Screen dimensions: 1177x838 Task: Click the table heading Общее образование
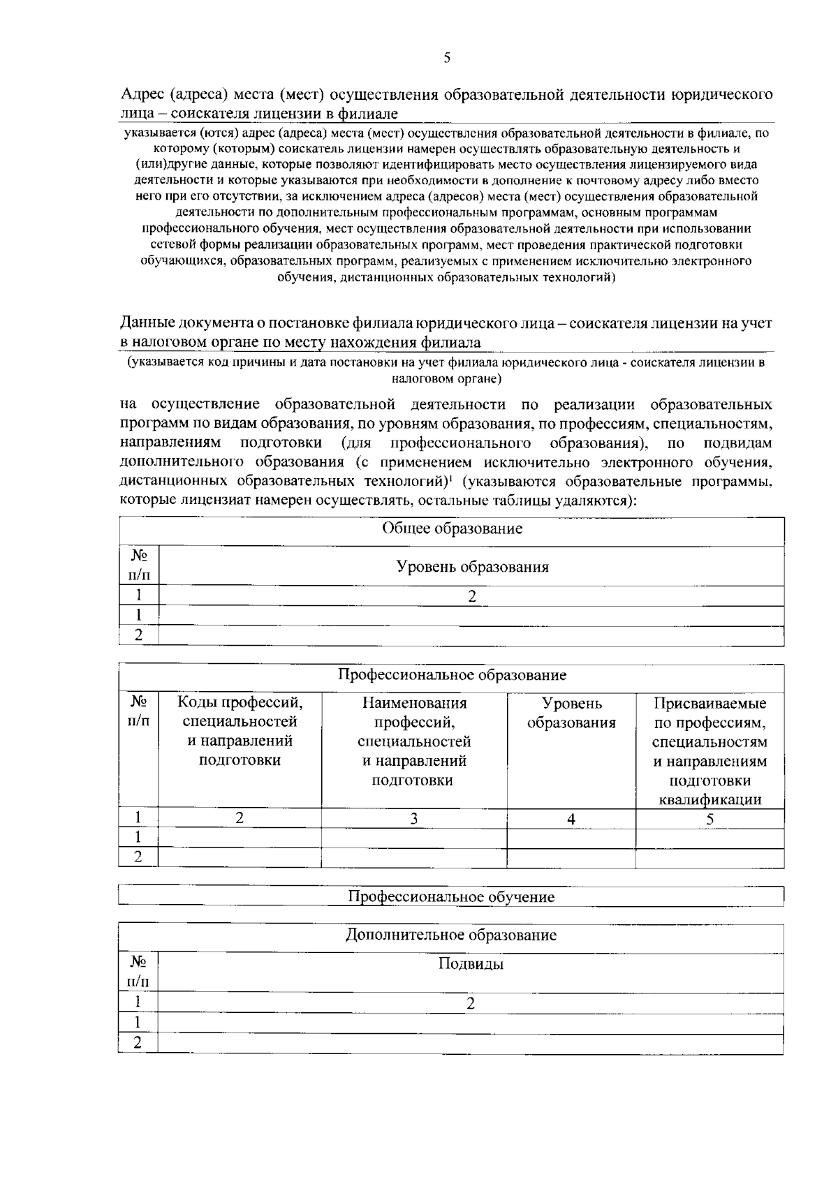pos(452,528)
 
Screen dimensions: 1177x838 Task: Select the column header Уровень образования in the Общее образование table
pos(472,567)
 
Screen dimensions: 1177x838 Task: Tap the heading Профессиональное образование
pos(452,675)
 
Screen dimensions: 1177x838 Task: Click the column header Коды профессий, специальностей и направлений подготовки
pos(240,731)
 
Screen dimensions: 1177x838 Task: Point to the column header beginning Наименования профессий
pos(414,741)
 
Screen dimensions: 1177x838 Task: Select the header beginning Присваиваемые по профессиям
pos(710,750)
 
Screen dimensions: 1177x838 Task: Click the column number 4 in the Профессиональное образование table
pos(571,819)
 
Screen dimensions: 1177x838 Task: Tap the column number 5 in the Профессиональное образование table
pos(710,819)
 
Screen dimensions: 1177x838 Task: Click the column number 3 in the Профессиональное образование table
pos(414,819)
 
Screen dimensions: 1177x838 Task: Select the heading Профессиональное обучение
pos(451,897)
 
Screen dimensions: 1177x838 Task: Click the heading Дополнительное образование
pos(451,935)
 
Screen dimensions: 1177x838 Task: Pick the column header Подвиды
pos(471,965)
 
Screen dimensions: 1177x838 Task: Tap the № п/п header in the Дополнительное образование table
pos(138,972)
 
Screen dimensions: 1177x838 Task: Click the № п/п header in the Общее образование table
pos(139,565)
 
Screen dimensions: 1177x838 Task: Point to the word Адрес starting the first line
pos(142,94)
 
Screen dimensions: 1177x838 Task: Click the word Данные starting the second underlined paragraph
pos(147,323)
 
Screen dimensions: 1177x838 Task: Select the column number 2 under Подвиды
pos(471,1003)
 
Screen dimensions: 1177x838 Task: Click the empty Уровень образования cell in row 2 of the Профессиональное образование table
pos(571,857)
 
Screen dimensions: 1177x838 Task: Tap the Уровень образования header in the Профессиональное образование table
pos(571,713)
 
